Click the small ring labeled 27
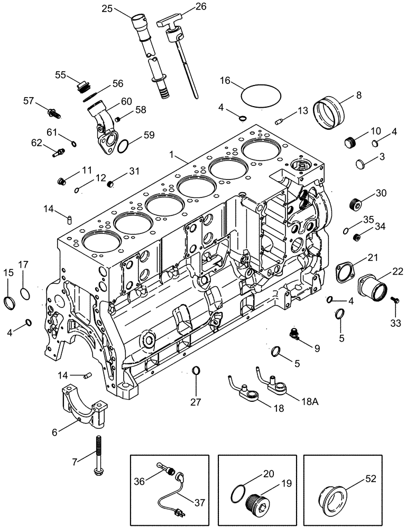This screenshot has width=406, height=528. point(196,370)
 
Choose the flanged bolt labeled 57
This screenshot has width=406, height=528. point(53,112)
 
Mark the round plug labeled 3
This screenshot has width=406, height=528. point(364,164)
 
